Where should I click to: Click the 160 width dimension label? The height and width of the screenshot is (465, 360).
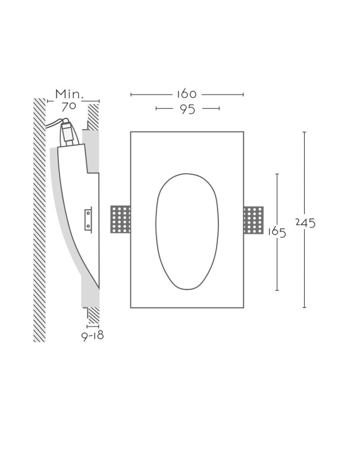coord(186,94)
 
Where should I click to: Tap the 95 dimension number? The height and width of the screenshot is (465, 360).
coord(187,109)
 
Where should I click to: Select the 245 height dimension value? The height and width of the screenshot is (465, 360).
coord(305,223)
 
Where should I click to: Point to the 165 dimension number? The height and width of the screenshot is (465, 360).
coord(277,232)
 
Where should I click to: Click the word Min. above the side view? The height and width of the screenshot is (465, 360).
coord(70,94)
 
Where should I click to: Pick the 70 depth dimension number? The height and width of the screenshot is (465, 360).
coord(69,106)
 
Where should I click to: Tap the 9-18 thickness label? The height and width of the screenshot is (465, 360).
coord(93,335)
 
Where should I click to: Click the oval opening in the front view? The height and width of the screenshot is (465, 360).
coord(187,231)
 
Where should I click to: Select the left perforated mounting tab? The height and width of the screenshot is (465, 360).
coord(120,219)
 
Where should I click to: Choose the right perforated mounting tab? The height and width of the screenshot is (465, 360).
coord(253,220)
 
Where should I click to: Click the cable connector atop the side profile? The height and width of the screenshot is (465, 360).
coord(68,131)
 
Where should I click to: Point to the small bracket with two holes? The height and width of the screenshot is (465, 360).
coord(88,219)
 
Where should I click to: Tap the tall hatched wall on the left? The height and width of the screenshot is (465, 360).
coord(39,220)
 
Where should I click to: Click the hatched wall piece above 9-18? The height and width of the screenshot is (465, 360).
coord(93,316)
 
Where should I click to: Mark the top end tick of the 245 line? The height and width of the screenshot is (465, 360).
coord(304,132)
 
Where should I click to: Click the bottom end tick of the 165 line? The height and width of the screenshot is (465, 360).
coord(277,290)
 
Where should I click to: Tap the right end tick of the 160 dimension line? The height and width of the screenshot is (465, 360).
coord(243,95)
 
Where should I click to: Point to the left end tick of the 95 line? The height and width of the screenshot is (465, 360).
coord(156,109)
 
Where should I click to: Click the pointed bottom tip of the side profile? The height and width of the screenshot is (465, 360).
coord(99,288)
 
